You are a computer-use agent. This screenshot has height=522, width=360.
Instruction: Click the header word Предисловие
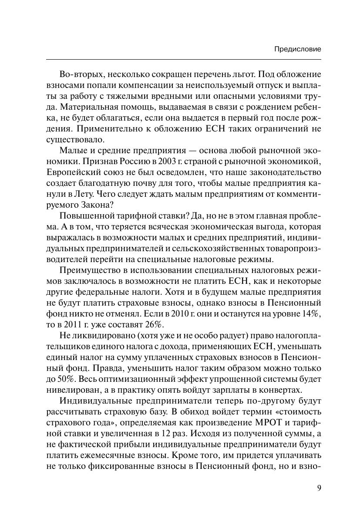[298, 49]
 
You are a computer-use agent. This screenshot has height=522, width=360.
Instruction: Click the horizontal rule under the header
[183, 59]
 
